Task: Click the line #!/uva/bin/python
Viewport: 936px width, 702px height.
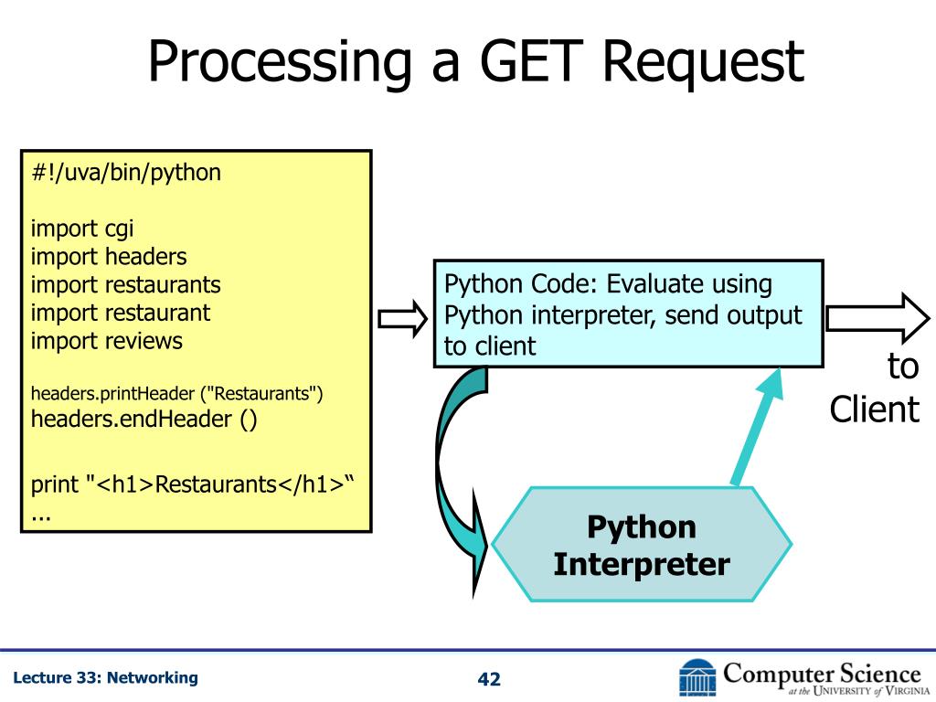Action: click(126, 172)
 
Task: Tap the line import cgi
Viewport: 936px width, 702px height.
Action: click(82, 229)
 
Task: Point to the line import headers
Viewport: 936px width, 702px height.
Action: click(109, 257)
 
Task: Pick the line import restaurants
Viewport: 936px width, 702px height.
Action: click(126, 285)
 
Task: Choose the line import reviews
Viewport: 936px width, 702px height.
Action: click(107, 342)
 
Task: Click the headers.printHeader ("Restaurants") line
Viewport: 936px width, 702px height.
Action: click(177, 394)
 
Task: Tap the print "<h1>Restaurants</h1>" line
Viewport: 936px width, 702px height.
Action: click(192, 484)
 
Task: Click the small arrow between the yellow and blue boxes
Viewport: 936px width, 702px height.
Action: click(403, 319)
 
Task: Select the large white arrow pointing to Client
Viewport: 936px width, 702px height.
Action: click(877, 317)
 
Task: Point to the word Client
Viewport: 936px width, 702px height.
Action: click(874, 409)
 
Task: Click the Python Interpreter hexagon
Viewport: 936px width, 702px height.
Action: click(641, 545)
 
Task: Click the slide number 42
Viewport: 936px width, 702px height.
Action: click(490, 679)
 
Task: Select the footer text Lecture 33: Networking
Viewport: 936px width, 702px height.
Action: click(106, 677)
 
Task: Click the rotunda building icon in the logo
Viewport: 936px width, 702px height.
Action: click(697, 677)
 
